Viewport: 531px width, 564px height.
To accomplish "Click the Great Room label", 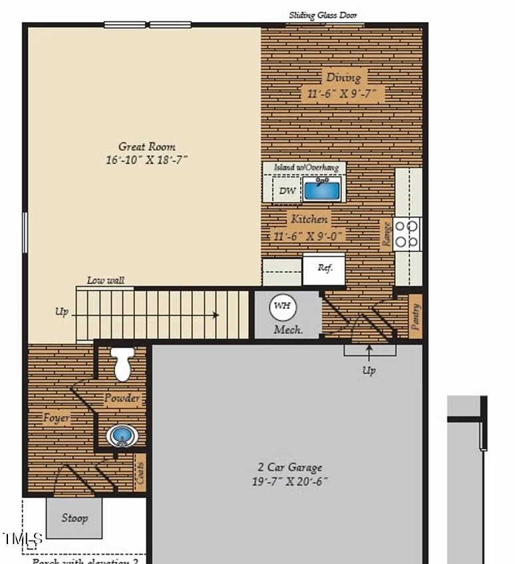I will coord(147,146).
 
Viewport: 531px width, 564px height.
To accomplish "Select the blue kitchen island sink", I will coord(322,190).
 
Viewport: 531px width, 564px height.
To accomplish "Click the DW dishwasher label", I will coord(287,192).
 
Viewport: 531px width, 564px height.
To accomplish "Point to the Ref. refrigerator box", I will coord(324,269).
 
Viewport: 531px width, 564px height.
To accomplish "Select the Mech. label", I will coord(288,329).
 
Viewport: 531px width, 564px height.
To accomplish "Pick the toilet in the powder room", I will coord(122,364).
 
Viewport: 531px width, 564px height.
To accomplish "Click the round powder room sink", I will coord(122,436).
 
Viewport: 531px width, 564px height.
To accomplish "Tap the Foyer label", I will coord(57,418).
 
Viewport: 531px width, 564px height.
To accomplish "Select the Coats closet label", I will coord(140,473).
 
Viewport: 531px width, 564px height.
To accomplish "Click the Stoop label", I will coord(74,517).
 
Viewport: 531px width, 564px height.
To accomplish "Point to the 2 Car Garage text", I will coord(289,467).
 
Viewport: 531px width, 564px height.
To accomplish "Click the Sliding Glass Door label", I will coord(325,15).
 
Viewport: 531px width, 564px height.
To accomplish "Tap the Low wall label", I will coord(106,281).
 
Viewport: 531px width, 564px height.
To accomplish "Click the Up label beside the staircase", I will coord(62,312).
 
